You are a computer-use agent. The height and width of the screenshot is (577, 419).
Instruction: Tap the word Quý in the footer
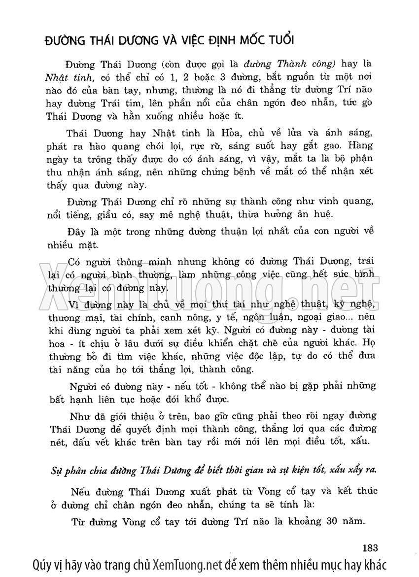(40, 565)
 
